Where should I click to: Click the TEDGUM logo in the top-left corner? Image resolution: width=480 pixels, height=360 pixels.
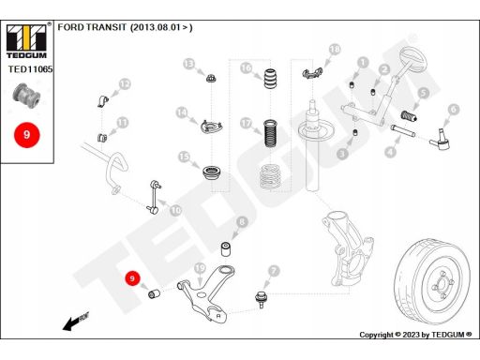point(26,40)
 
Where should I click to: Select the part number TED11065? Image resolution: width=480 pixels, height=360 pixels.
point(30,69)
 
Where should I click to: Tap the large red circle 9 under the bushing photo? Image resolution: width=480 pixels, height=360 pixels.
point(27,135)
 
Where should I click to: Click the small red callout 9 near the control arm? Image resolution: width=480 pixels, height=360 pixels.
point(132,278)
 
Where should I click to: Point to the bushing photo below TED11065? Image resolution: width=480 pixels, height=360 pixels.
point(26,96)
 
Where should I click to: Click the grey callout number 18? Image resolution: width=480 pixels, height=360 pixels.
point(335,50)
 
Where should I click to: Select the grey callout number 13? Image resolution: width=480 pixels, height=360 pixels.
point(189,64)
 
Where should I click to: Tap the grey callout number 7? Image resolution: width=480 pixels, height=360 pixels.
point(274,271)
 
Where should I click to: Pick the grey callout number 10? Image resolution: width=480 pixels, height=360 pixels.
point(176,210)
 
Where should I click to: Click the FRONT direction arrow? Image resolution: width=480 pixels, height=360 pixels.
point(76,322)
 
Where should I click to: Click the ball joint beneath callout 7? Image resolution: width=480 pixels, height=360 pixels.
point(261,300)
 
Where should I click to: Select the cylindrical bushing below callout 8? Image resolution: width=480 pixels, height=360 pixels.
point(226,248)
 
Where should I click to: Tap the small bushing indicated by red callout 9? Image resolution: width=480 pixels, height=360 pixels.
point(154,293)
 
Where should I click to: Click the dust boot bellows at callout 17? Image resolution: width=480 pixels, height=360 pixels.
point(270,134)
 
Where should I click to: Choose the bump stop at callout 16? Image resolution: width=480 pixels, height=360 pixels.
point(270,79)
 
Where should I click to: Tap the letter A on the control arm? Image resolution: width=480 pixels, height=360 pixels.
point(218,316)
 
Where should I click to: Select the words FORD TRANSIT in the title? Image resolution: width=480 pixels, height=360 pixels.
point(92,27)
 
